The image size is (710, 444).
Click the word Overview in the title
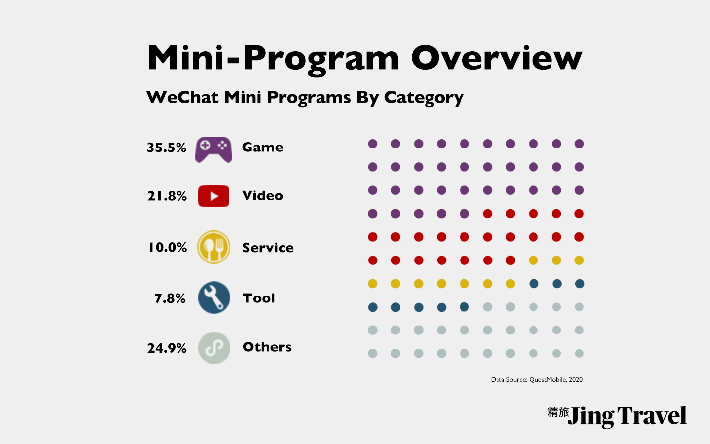(497, 58)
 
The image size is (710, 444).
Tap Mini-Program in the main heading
(273, 58)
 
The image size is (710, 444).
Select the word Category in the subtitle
(424, 98)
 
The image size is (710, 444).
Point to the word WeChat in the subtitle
(182, 97)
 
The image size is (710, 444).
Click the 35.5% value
(167, 148)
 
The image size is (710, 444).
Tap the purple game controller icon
(213, 149)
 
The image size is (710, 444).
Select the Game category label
(262, 147)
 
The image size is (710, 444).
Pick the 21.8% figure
(167, 196)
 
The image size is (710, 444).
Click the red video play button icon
(213, 196)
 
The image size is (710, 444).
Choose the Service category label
(268, 248)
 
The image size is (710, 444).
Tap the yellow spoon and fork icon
(213, 247)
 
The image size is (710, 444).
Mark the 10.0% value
(168, 247)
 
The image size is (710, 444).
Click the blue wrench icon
(214, 297)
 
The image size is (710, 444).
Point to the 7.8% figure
(170, 298)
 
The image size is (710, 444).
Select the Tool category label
(258, 298)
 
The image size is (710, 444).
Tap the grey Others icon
(214, 348)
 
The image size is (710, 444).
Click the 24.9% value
(167, 348)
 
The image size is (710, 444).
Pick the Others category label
(267, 347)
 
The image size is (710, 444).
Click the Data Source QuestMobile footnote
(536, 379)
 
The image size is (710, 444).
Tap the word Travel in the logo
(651, 416)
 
